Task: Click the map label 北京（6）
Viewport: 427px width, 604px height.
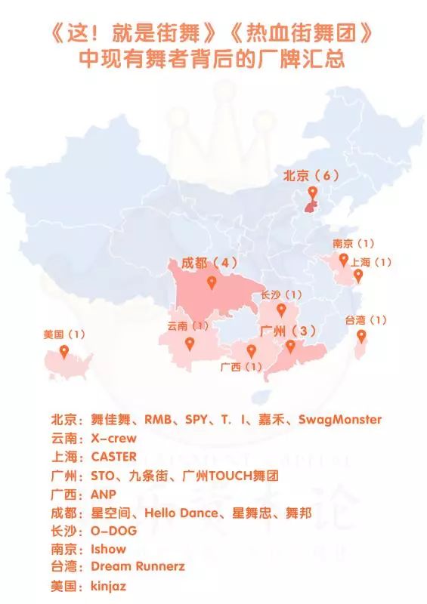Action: pos(308,175)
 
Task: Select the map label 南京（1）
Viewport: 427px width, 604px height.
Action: pos(354,244)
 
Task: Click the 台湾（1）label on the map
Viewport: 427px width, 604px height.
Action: pos(366,320)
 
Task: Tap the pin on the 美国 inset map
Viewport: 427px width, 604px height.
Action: pos(64,351)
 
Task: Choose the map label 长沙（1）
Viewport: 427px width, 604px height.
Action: pos(281,294)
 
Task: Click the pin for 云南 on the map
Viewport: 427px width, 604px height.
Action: pos(188,344)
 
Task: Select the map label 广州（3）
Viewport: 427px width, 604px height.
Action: pos(288,331)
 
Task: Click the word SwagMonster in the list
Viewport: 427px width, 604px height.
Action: pos(340,419)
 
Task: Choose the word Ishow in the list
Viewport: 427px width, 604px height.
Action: pos(107,549)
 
